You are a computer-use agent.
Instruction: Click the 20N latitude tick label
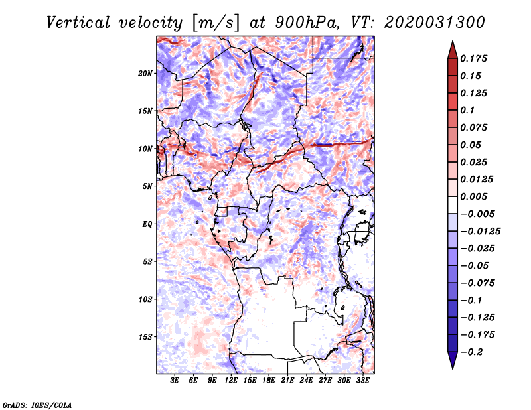click(x=145, y=74)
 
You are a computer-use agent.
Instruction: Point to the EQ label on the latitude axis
click(x=147, y=224)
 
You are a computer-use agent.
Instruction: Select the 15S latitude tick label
click(x=145, y=337)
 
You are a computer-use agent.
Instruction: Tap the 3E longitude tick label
click(x=175, y=380)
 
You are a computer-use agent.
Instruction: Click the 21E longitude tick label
click(x=287, y=380)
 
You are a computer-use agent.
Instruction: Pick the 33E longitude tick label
click(x=362, y=380)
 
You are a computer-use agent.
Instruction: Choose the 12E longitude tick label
click(x=230, y=380)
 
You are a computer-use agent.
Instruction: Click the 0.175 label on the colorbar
click(x=473, y=58)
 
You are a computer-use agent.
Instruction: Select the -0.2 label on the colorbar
click(x=471, y=352)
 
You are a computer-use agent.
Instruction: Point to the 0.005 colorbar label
click(x=473, y=196)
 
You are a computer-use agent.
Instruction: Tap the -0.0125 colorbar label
click(x=480, y=232)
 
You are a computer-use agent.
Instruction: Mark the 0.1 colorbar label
click(x=467, y=110)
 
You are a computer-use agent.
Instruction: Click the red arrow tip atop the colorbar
click(x=453, y=42)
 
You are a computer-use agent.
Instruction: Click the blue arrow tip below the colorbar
click(x=453, y=368)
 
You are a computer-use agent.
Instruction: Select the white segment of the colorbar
click(x=453, y=205)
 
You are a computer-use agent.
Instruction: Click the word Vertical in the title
click(x=78, y=23)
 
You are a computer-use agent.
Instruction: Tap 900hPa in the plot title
click(x=307, y=23)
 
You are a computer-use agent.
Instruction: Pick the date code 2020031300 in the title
click(x=435, y=23)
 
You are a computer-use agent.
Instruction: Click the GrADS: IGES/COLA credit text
click(x=37, y=405)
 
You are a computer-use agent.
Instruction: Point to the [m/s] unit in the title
click(x=216, y=23)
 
